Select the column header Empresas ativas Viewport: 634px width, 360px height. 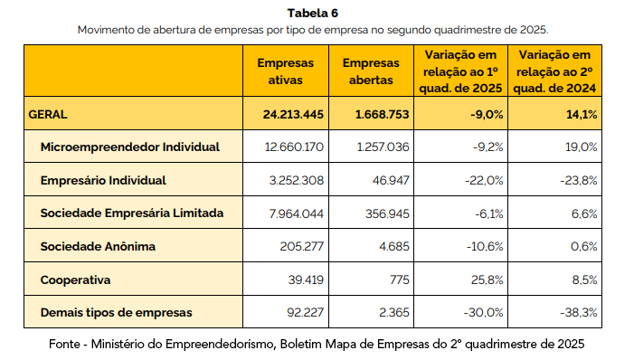click(285, 71)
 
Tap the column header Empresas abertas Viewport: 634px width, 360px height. click(371, 71)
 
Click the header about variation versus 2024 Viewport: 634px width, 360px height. click(556, 71)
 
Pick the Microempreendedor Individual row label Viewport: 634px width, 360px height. click(129, 147)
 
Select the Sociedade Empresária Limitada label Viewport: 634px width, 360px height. click(131, 213)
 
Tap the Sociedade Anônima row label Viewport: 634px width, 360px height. click(98, 247)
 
